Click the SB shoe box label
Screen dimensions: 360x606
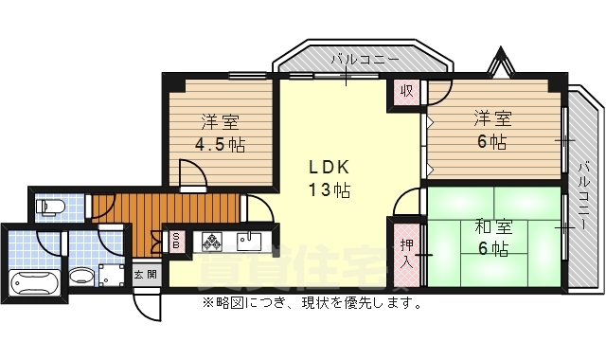(x=176, y=242)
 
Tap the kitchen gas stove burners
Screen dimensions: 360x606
(x=210, y=243)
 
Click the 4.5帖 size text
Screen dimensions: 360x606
(x=219, y=145)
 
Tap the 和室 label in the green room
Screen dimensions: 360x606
(x=492, y=227)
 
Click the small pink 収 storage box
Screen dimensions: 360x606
(x=407, y=93)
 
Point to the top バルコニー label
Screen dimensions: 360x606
(x=365, y=61)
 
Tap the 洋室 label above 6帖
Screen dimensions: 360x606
(x=492, y=119)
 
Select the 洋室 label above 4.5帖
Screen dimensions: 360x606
(x=219, y=122)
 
